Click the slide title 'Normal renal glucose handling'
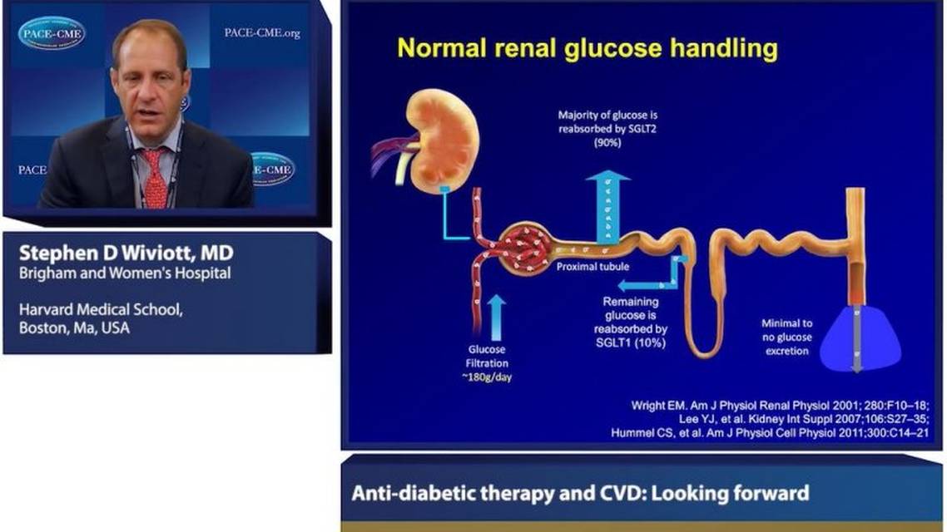(587, 48)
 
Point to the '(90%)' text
(607, 143)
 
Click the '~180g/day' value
(488, 377)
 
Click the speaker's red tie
(155, 178)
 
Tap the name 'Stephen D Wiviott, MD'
(126, 253)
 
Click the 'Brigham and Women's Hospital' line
(125, 273)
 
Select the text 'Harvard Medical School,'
(100, 309)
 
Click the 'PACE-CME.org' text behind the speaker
(261, 33)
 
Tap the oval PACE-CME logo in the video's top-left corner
(52, 33)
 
